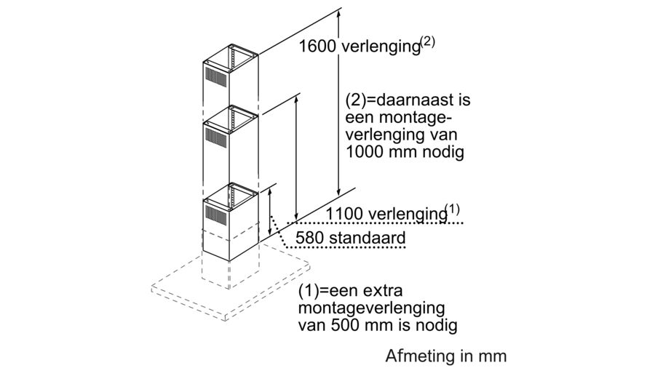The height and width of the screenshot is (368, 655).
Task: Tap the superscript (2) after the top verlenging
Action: (x=426, y=41)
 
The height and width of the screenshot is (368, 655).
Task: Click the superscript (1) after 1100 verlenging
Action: (x=453, y=210)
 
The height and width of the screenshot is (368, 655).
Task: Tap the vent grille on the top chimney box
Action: (x=217, y=74)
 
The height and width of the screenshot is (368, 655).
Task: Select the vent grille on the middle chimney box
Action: (x=217, y=135)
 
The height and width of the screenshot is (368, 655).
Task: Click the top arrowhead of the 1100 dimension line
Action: (x=297, y=97)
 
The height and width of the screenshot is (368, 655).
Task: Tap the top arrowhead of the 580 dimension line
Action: (x=270, y=188)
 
